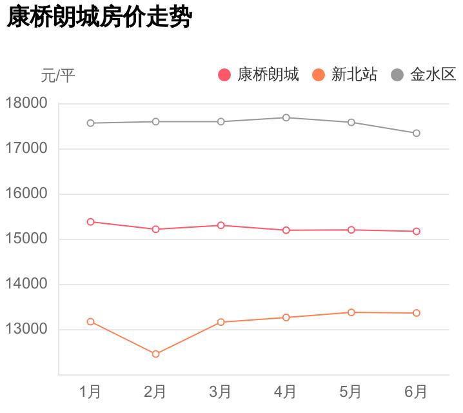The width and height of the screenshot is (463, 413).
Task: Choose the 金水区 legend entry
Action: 424,76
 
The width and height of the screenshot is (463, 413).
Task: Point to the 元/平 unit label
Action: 58,76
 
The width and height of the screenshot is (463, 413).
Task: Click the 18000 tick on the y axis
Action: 26,103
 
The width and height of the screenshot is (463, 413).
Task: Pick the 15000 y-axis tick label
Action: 26,239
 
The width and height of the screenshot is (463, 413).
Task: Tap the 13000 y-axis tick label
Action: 26,329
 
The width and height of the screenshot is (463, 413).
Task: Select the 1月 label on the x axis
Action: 90,392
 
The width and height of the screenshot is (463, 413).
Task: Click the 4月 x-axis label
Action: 286,392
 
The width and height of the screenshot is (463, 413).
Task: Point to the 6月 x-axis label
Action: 416,392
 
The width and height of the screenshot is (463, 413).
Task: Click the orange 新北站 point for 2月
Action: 155,354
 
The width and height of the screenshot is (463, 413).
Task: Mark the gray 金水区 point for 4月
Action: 286,117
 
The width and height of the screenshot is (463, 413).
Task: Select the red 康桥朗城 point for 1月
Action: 90,221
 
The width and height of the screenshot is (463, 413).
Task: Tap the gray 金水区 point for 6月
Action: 416,133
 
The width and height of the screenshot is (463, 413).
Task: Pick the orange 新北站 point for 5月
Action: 351,312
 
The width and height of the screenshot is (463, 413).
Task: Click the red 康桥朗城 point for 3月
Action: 221,225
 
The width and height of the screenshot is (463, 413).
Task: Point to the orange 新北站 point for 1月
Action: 90,321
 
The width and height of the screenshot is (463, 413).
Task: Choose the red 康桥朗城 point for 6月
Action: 416,231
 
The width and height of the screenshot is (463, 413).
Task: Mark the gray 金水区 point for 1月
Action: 90,123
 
